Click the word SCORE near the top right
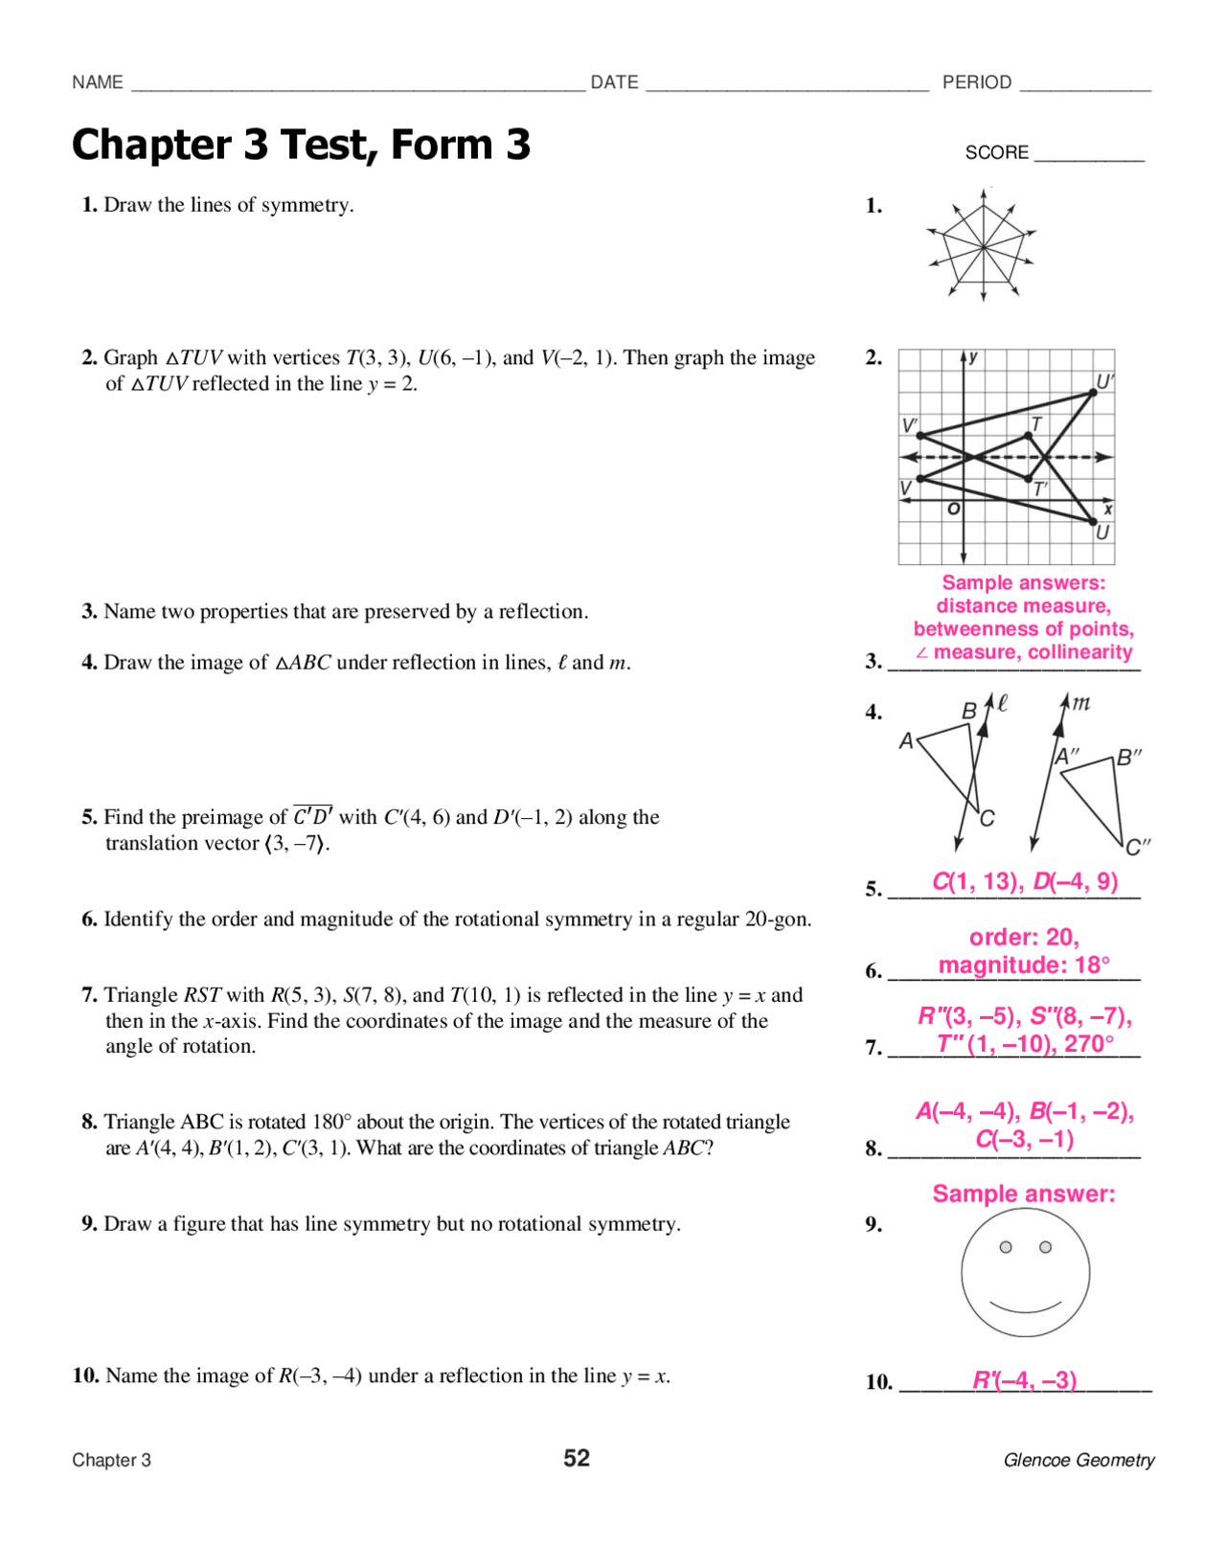996,152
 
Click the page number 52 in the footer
576,1458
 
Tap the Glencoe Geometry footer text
1078,1460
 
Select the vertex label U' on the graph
1104,381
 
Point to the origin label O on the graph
953,510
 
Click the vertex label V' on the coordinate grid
909,424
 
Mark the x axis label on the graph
1107,511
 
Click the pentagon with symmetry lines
984,245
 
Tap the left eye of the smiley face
1006,1247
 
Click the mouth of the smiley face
1025,1307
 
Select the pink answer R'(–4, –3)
1025,1379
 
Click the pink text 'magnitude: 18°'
1024,965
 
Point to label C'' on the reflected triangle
1137,847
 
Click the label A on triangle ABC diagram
906,740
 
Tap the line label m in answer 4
1080,703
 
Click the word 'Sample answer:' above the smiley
1023,1193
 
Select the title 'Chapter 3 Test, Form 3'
301,145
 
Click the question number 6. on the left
89,920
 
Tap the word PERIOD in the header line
976,82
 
